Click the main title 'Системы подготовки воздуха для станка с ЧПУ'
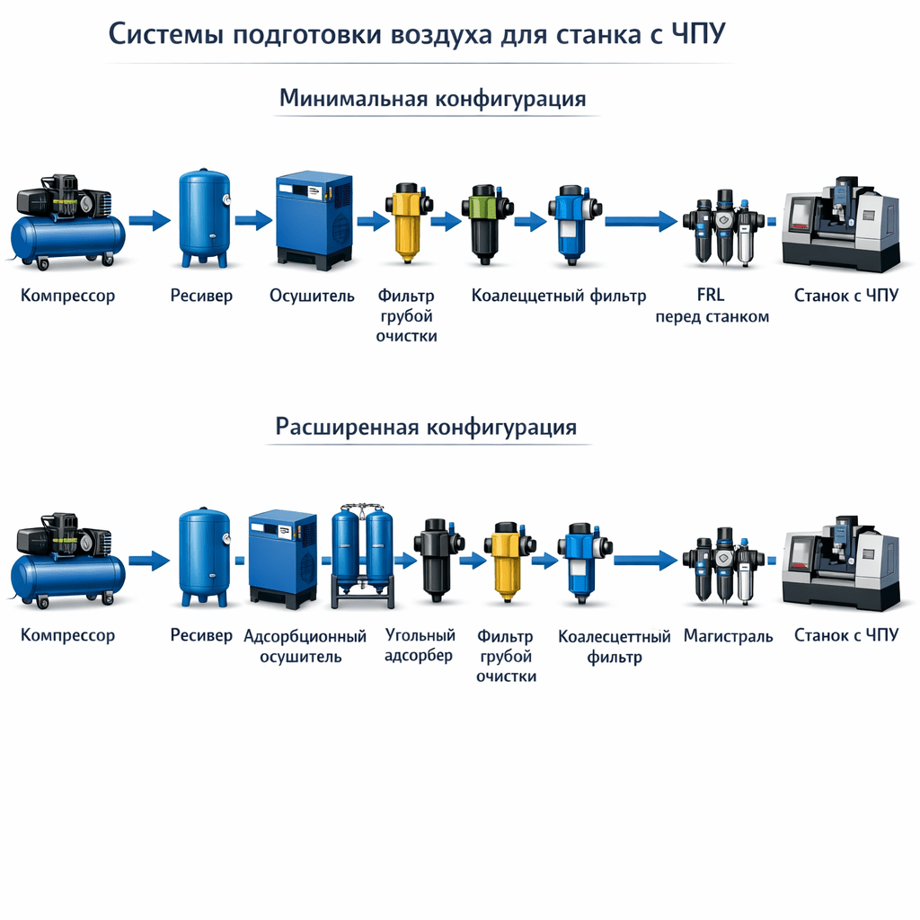tap(417, 33)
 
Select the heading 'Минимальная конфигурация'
tap(433, 98)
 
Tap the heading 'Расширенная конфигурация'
tap(426, 427)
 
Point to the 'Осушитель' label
tap(312, 296)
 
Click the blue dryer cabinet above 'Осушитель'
tap(314, 221)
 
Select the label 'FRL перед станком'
tap(712, 305)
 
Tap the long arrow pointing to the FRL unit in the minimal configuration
tap(641, 221)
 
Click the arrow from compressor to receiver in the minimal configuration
tap(150, 221)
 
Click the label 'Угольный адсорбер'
tap(420, 645)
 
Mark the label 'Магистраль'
tap(728, 636)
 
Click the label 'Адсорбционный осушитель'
tap(305, 646)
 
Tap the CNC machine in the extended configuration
tap(841, 563)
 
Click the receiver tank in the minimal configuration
tap(204, 217)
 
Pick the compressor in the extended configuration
tap(67, 560)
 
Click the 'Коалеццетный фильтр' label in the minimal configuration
tap(559, 296)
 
